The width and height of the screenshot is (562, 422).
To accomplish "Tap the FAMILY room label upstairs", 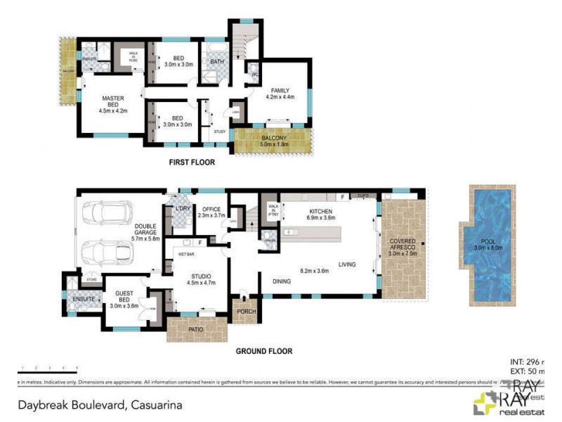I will (280, 95).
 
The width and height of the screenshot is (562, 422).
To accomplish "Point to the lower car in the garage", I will (107, 252).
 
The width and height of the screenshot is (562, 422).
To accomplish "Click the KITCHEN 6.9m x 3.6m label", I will (325, 215).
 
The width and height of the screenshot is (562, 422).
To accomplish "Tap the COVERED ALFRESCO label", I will (403, 248).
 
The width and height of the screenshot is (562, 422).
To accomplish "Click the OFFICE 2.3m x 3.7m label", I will (211, 213).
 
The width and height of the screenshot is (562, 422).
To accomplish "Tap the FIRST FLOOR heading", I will (192, 162).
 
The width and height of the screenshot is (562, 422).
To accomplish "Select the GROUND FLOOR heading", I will (265, 351).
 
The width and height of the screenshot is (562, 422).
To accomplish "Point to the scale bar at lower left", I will (47, 370).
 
